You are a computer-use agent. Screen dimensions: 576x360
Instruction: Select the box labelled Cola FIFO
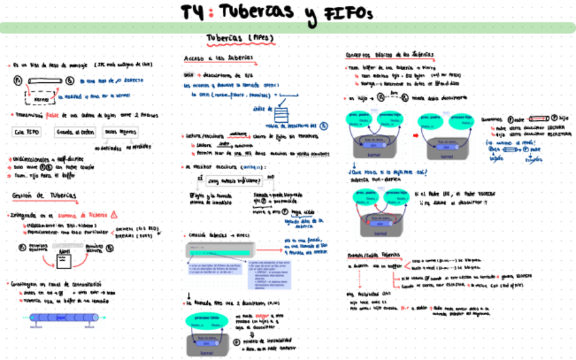(x=28, y=132)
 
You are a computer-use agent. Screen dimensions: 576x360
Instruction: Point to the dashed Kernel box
(x=42, y=99)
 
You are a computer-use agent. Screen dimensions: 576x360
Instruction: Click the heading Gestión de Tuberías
(x=44, y=196)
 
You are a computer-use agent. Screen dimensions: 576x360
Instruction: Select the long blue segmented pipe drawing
(x=62, y=317)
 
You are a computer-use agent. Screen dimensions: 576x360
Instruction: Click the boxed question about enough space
(x=233, y=181)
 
